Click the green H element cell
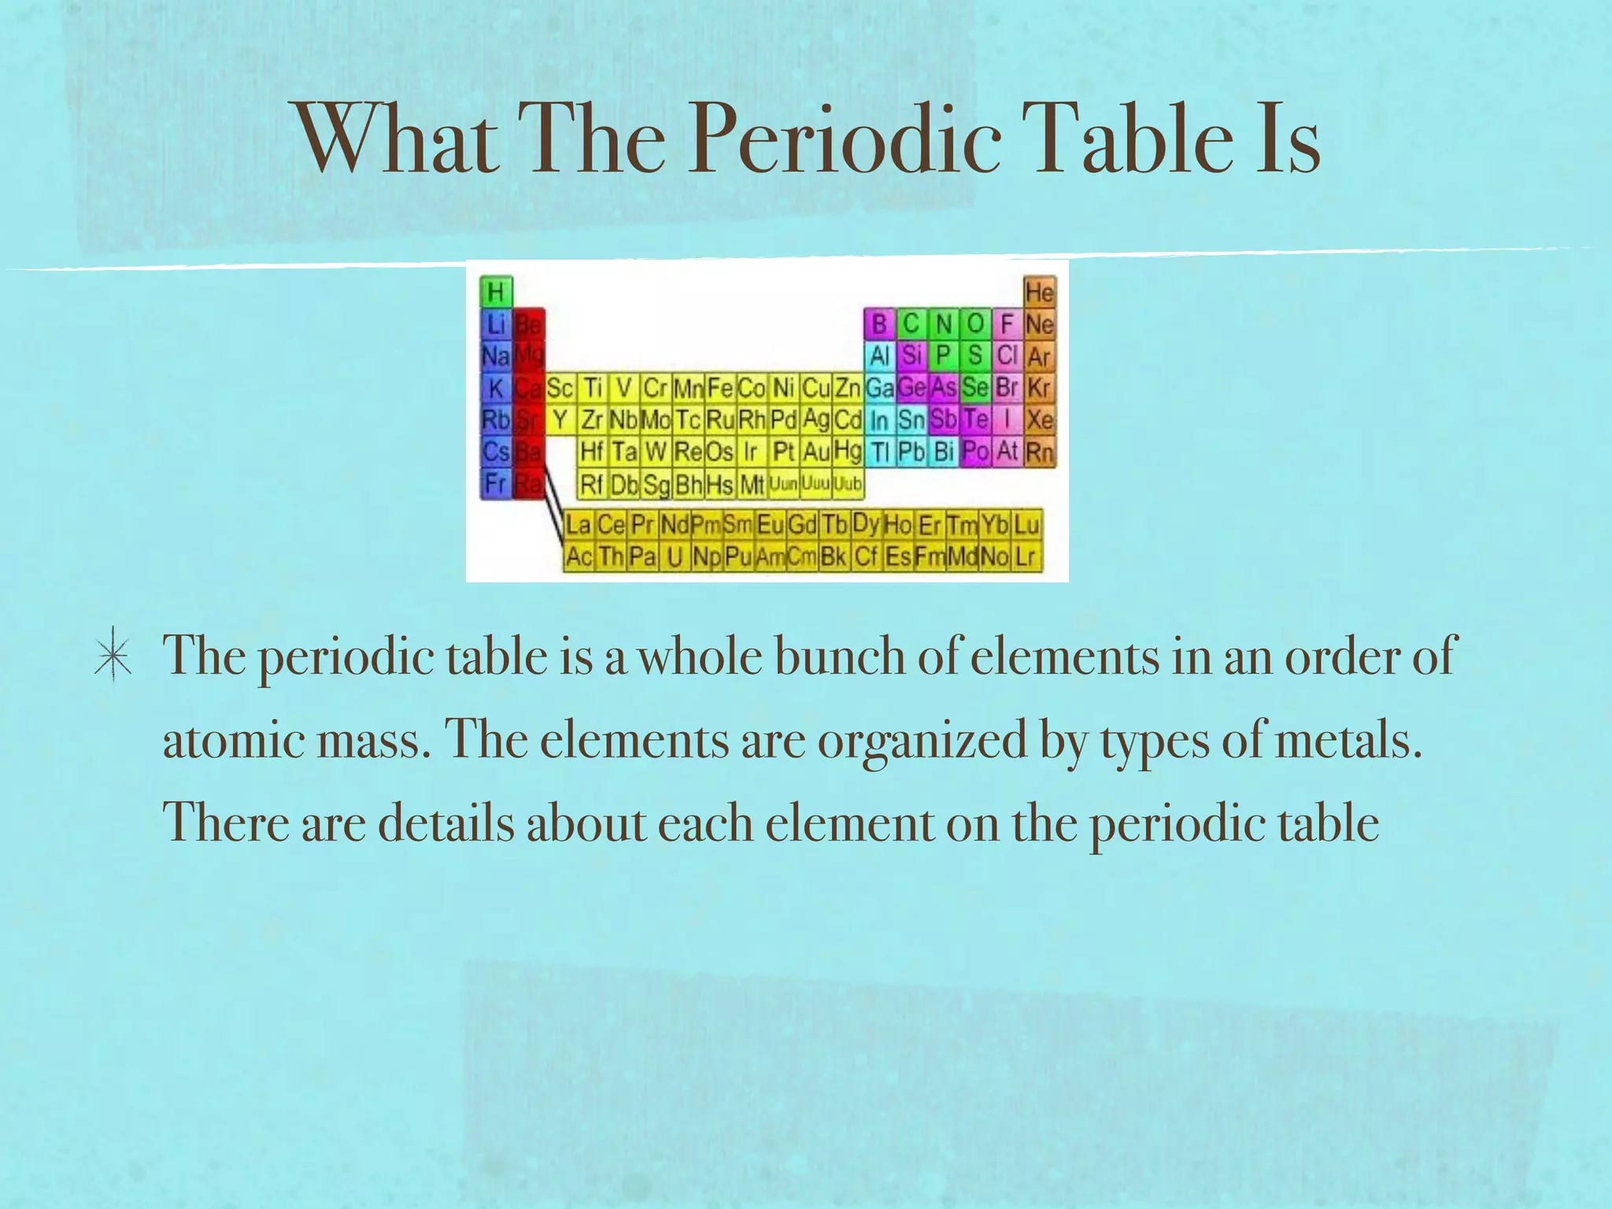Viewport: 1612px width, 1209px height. (496, 292)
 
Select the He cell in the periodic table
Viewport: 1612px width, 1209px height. (1039, 292)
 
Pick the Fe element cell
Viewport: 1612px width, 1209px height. (720, 388)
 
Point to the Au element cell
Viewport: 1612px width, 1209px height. (816, 452)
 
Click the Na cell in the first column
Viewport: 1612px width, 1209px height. (496, 357)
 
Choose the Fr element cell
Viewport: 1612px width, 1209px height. (496, 482)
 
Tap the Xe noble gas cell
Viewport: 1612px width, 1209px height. (1039, 420)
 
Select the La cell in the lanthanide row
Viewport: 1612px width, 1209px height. (579, 524)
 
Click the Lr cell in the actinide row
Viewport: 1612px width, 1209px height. (1025, 556)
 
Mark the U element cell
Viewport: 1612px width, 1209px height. (675, 556)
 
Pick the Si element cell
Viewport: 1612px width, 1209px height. (911, 356)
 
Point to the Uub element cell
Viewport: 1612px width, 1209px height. (848, 483)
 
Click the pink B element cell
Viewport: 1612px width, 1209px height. (879, 324)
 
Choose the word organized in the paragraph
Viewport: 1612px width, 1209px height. (922, 741)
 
